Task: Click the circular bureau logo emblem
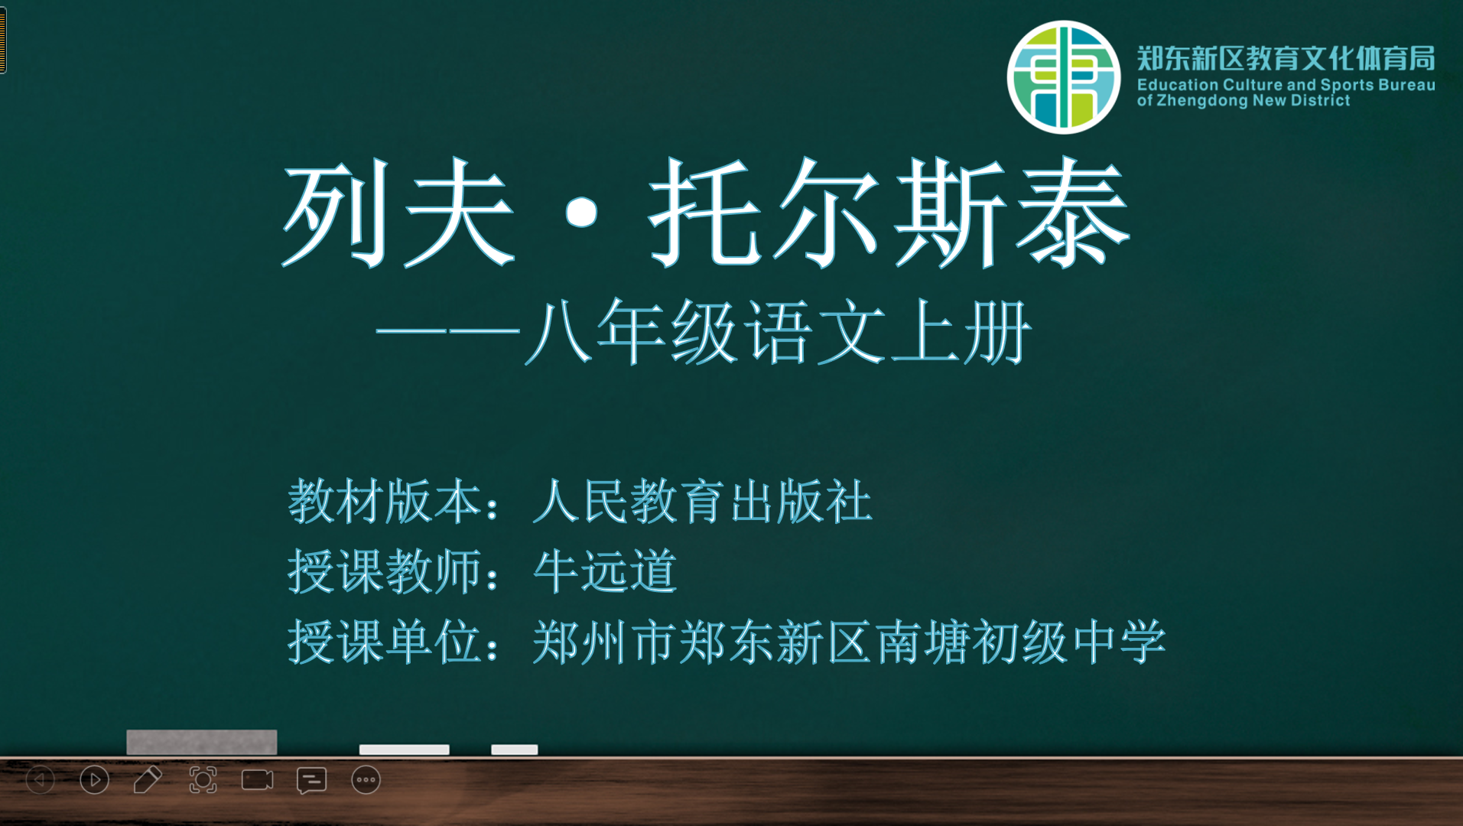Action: tap(1063, 77)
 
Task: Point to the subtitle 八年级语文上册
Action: tap(779, 332)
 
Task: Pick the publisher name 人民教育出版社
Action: tap(702, 502)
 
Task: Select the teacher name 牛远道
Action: tap(605, 571)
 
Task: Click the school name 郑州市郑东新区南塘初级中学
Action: tap(849, 641)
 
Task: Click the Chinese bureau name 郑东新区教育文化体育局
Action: tap(1286, 58)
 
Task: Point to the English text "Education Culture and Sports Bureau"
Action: tap(1286, 85)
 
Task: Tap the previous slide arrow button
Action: tap(41, 780)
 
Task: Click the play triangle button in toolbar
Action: tap(94, 780)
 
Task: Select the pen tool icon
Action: tap(148, 780)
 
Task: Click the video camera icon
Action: tap(257, 780)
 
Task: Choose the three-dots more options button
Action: tap(366, 780)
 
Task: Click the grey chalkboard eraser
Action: tap(201, 742)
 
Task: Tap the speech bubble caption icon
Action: tap(311, 781)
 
